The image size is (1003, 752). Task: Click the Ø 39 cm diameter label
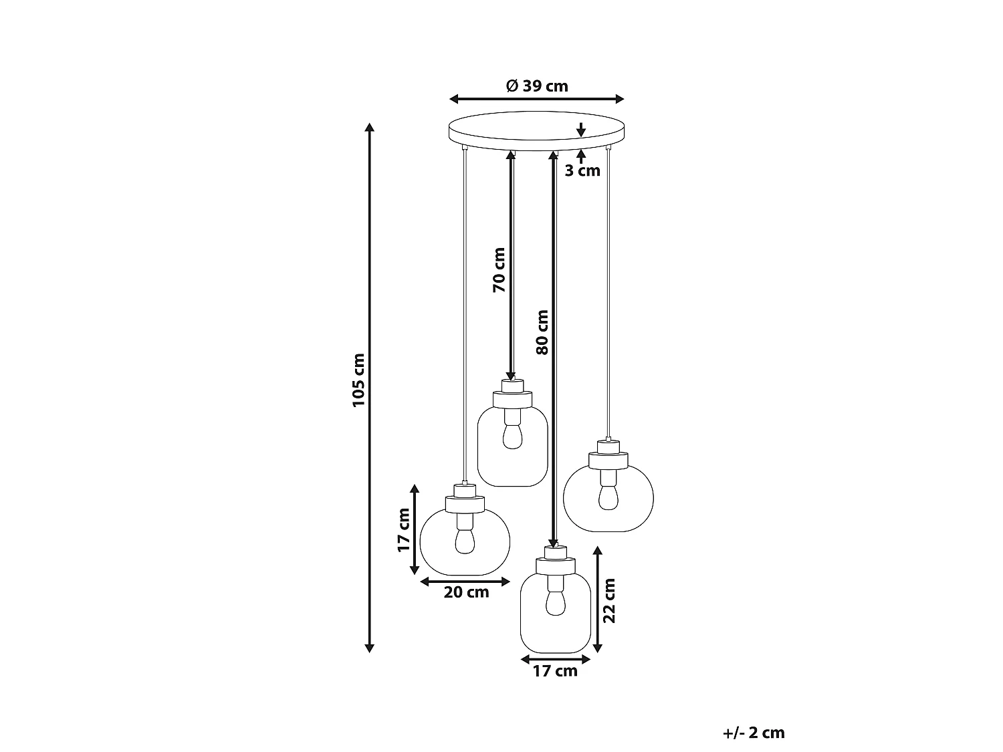(x=537, y=86)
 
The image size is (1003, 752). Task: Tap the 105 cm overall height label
(x=359, y=380)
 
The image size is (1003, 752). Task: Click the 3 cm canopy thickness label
(x=582, y=170)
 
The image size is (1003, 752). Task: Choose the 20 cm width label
(x=466, y=593)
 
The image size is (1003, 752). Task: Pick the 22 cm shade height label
(x=610, y=601)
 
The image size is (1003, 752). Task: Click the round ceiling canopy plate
(x=536, y=131)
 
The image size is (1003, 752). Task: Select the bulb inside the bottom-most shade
(x=556, y=602)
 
